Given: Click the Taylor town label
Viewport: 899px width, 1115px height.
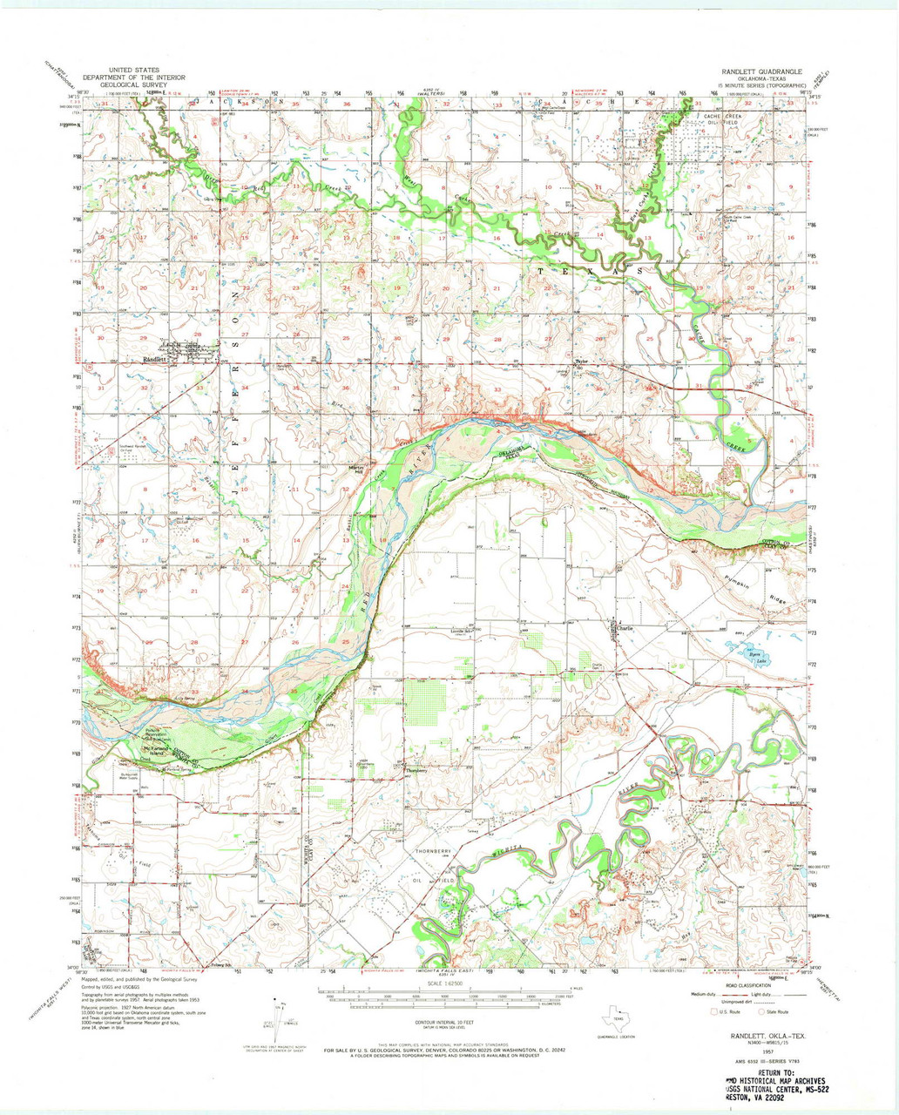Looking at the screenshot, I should tap(582, 361).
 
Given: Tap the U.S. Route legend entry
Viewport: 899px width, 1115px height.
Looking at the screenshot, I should tap(726, 1012).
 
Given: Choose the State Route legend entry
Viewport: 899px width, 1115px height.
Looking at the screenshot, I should tap(770, 1012).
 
